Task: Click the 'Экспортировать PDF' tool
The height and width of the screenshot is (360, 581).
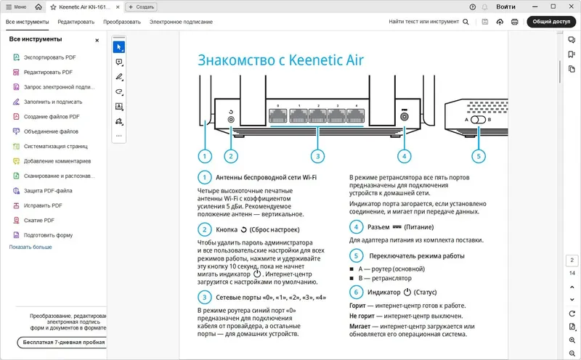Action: [49, 57]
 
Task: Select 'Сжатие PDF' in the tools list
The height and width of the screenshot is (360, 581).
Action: [38, 220]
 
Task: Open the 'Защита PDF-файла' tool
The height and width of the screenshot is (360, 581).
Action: [47, 190]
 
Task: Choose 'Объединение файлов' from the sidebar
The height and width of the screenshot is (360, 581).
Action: [51, 131]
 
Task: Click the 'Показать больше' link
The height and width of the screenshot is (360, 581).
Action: [31, 247]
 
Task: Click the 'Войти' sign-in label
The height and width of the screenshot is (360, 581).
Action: [506, 7]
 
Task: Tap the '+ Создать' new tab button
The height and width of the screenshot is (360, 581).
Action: [142, 7]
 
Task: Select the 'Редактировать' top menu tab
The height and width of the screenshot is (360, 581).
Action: [76, 22]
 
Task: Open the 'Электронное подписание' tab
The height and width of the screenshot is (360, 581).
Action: [181, 22]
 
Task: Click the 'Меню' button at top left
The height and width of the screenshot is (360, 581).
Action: [17, 7]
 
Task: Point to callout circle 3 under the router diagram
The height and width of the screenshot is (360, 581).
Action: [317, 155]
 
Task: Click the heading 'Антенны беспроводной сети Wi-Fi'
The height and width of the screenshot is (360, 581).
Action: [266, 177]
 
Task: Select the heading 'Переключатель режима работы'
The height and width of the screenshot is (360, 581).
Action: [417, 256]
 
